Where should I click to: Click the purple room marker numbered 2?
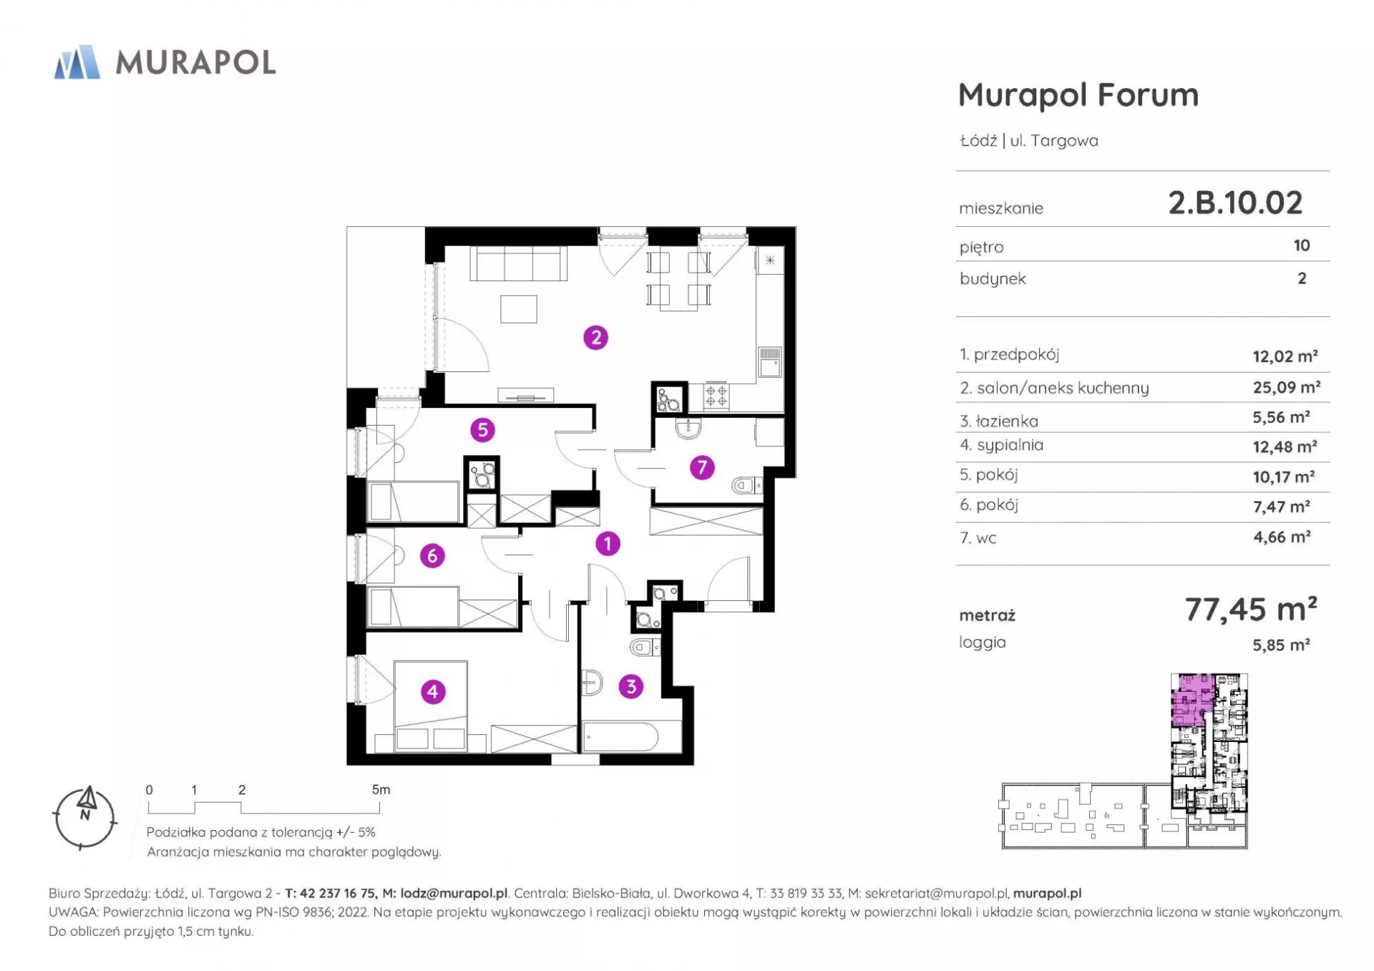pyautogui.click(x=595, y=337)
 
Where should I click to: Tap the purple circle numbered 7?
pyautogui.click(x=702, y=467)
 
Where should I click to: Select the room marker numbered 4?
pyautogui.click(x=432, y=691)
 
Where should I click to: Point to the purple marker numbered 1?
pyautogui.click(x=608, y=544)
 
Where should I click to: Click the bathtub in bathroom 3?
pyautogui.click(x=620, y=736)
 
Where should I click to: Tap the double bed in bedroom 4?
pyautogui.click(x=431, y=706)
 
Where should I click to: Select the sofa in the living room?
pyautogui.click(x=519, y=263)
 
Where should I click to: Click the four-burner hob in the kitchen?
pyautogui.click(x=716, y=396)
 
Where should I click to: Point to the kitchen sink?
pyautogui.click(x=770, y=361)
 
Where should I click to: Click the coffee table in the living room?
pyautogui.click(x=519, y=309)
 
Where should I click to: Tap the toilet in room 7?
pyautogui.click(x=746, y=487)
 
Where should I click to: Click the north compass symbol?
pyautogui.click(x=85, y=818)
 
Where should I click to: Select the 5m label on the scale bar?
pyautogui.click(x=381, y=789)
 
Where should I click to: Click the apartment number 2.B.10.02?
pyautogui.click(x=1235, y=203)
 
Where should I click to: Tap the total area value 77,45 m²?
pyautogui.click(x=1251, y=609)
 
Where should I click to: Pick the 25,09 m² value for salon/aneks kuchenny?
pyautogui.click(x=1286, y=387)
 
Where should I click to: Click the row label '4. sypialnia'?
pyautogui.click(x=1001, y=445)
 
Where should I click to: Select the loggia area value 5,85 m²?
pyautogui.click(x=1281, y=645)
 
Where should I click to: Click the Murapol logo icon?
pyautogui.click(x=77, y=62)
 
